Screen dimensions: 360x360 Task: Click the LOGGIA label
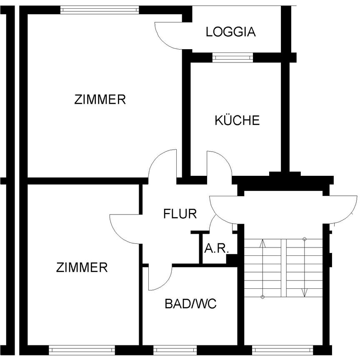pyautogui.click(x=230, y=32)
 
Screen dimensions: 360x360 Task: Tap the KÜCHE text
pyautogui.click(x=237, y=120)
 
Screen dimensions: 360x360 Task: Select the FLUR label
pyautogui.click(x=180, y=214)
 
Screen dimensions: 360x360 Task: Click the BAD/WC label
pyautogui.click(x=190, y=304)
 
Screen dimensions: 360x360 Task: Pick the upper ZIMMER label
pyautogui.click(x=100, y=100)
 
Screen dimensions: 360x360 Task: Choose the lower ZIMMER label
pyautogui.click(x=82, y=267)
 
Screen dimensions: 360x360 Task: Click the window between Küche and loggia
pyautogui.click(x=232, y=57)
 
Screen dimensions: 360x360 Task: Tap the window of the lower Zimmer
pyautogui.click(x=82, y=349)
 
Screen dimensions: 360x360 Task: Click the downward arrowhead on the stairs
pyautogui.click(x=305, y=292)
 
